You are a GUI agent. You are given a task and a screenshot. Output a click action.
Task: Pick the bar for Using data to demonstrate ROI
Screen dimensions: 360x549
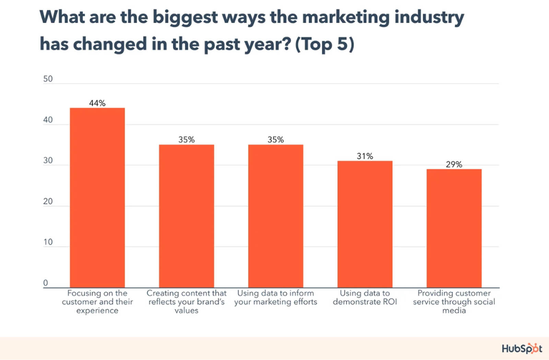click(x=365, y=224)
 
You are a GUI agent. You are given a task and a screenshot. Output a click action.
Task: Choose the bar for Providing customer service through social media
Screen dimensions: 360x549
click(x=454, y=228)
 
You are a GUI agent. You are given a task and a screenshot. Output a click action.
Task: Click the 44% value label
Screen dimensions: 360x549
click(x=97, y=103)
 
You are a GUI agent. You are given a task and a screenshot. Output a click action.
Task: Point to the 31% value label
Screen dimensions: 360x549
click(x=365, y=156)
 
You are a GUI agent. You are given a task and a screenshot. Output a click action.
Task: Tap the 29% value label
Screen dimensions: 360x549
click(x=454, y=164)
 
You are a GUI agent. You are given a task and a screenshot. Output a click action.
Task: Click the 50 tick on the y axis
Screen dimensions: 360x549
click(x=48, y=79)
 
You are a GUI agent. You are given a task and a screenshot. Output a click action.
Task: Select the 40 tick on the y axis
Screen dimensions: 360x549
click(x=48, y=120)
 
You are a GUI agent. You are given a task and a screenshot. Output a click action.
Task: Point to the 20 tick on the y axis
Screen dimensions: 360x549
click(x=48, y=201)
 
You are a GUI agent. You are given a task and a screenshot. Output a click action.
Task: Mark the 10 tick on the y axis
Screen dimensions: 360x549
click(x=48, y=242)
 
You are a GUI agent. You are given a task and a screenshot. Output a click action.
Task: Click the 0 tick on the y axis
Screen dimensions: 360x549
click(x=46, y=283)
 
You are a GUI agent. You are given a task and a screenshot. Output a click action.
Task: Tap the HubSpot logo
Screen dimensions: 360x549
click(x=522, y=349)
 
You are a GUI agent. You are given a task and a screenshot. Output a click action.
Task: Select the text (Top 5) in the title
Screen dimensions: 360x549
click(x=324, y=45)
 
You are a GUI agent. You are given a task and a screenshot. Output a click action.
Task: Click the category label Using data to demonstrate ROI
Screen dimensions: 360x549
click(x=365, y=298)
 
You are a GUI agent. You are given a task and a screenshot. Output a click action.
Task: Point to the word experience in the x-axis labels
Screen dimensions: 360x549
click(x=97, y=311)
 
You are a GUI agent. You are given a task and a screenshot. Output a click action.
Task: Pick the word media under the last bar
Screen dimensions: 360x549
click(x=454, y=311)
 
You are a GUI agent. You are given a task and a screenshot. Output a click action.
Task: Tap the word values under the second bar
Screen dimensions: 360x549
click(x=186, y=311)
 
